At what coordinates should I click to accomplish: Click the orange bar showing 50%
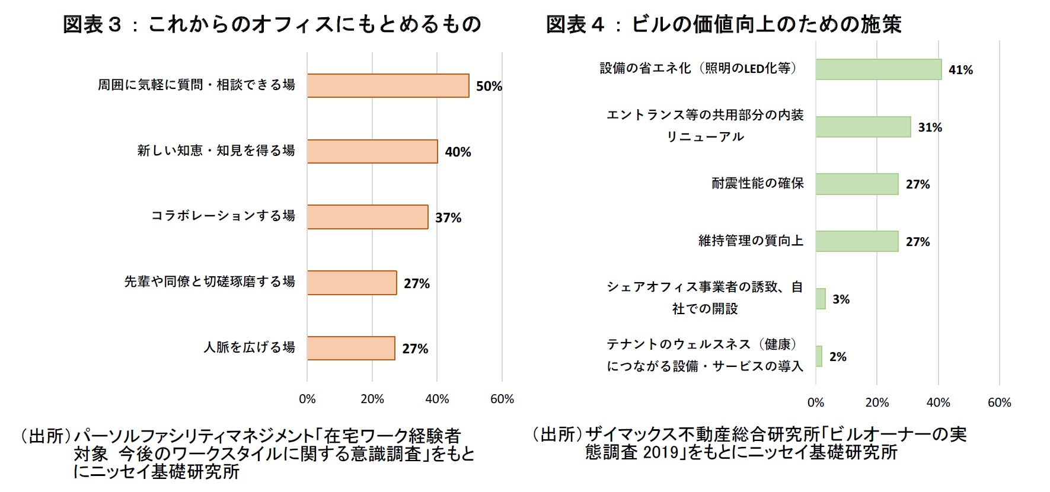coord(388,85)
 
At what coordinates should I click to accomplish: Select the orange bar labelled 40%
coord(372,151)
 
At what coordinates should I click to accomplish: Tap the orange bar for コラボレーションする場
coord(368,217)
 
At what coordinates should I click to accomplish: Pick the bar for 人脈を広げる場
coord(351,348)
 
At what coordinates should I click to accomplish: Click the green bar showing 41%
coord(878,69)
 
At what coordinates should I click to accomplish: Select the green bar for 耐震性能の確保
coord(857,184)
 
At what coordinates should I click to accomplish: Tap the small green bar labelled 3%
coord(821,299)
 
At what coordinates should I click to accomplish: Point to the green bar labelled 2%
coord(819,356)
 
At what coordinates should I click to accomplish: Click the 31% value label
coord(930,127)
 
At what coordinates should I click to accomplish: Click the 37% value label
coord(448,218)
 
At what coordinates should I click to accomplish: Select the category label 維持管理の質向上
coord(751,241)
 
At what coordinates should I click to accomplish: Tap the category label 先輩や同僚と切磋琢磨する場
coord(209,282)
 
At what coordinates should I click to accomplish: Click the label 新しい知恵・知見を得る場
coord(216,151)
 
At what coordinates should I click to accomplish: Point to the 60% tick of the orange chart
coord(502,399)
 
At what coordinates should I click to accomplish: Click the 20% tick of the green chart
coord(877,402)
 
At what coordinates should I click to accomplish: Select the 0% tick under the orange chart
coord(307,399)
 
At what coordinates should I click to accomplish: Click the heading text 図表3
coord(92,24)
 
